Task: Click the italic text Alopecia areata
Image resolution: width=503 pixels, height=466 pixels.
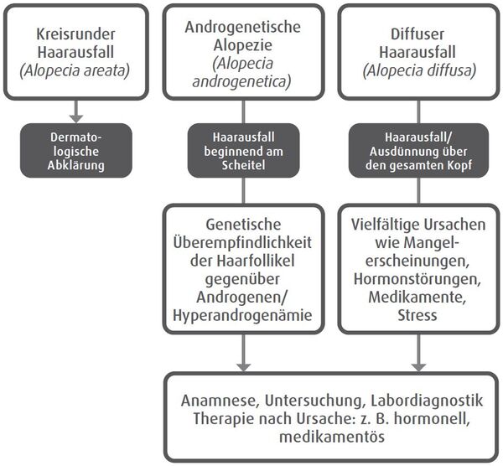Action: point(78,70)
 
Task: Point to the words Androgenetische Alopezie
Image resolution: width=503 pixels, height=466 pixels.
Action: point(242,37)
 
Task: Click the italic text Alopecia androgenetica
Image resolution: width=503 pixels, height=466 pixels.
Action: point(242,72)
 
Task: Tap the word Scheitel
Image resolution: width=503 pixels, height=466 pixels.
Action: point(242,166)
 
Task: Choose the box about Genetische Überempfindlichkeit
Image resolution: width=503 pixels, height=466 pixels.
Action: point(242,269)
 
